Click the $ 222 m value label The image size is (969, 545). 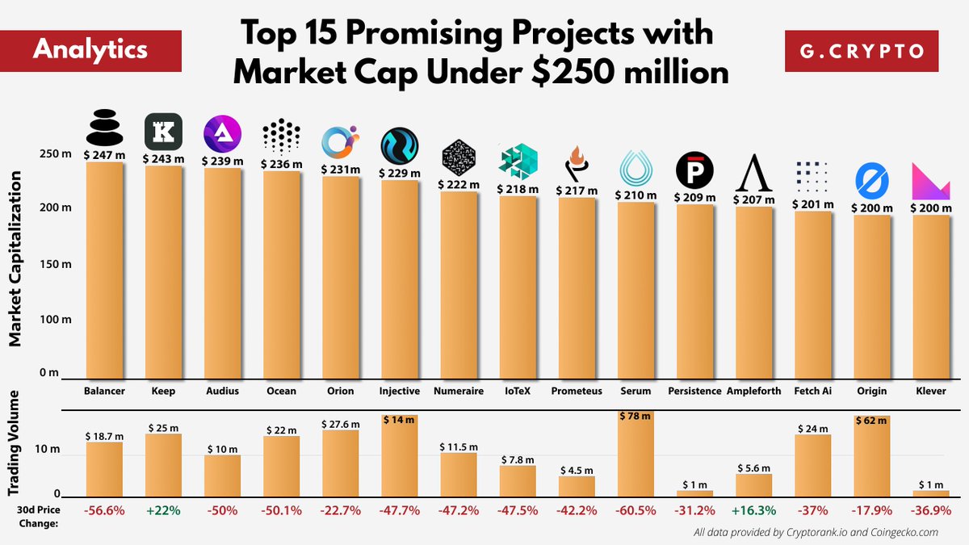coord(460,184)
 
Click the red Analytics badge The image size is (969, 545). coord(90,49)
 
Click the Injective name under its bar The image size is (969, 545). coord(399,391)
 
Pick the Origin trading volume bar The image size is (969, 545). coord(871,460)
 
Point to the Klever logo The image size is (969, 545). coord(929,181)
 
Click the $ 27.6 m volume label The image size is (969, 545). coord(340,423)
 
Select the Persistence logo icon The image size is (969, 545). coord(694,170)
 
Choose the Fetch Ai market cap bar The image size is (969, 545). coord(812,295)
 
